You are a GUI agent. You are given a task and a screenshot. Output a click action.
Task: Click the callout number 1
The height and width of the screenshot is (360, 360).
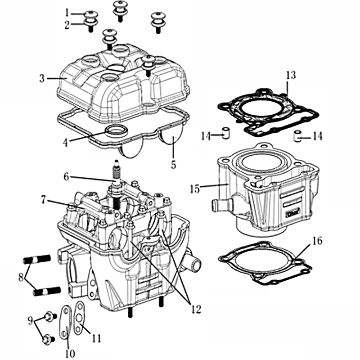[67, 12]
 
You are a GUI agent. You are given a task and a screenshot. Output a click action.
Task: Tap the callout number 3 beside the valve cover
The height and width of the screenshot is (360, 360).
[42, 79]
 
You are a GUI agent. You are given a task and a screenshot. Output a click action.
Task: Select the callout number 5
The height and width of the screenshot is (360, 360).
[173, 164]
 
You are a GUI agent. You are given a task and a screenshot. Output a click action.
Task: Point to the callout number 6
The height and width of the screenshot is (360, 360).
[66, 177]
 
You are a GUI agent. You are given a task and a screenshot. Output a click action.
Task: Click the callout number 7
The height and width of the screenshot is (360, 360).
[43, 198]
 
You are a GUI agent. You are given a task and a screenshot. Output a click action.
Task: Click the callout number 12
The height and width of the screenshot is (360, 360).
[195, 310]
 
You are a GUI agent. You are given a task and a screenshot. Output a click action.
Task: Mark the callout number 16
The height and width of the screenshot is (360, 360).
[317, 241]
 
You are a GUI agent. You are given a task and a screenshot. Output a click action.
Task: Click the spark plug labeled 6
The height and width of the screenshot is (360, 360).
[117, 180]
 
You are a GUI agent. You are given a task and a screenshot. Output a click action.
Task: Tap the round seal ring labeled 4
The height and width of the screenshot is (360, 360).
[116, 131]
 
